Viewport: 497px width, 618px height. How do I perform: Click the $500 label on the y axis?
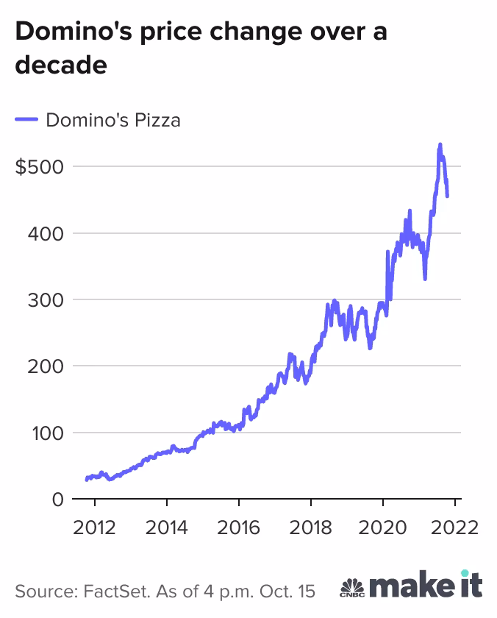tap(39, 167)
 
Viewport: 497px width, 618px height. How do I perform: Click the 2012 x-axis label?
tap(95, 528)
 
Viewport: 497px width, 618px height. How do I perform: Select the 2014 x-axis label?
tap(167, 528)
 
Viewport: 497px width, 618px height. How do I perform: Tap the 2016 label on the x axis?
tap(239, 528)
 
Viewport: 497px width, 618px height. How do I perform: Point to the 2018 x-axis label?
tap(311, 528)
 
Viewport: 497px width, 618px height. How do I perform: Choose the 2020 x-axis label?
tap(383, 528)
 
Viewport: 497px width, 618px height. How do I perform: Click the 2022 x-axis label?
tap(455, 528)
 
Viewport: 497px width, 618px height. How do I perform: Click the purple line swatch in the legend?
tap(26, 120)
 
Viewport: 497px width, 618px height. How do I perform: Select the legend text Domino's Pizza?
tap(112, 120)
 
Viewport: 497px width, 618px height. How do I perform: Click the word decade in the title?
tap(61, 65)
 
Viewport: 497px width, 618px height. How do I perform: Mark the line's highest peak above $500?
tap(440, 145)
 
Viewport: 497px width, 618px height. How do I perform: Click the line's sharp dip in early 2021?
tap(425, 278)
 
